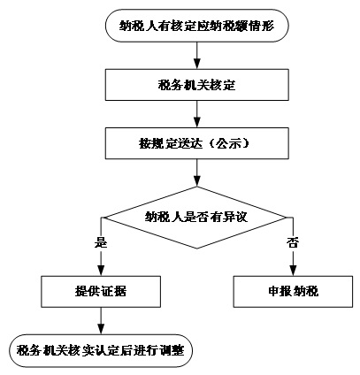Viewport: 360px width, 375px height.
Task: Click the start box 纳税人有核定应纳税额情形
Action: pyautogui.click(x=196, y=26)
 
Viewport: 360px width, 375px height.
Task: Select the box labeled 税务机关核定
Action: pyautogui.click(x=196, y=85)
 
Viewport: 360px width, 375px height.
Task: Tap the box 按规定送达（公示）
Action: pyautogui.click(x=196, y=143)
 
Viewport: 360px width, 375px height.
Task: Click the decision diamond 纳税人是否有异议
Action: pyautogui.click(x=196, y=218)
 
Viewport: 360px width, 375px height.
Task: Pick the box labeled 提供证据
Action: pyautogui.click(x=101, y=292)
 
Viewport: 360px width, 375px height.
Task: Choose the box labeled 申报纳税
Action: pyautogui.click(x=293, y=292)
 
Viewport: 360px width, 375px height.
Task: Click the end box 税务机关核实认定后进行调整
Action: pyautogui.click(x=101, y=351)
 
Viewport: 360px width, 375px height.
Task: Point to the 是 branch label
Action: pyautogui.click(x=101, y=243)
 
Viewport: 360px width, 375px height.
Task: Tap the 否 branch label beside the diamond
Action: pyautogui.click(x=293, y=243)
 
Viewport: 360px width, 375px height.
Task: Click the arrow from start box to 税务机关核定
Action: pyautogui.click(x=196, y=56)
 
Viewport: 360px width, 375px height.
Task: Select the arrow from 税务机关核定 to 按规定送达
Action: pyautogui.click(x=196, y=114)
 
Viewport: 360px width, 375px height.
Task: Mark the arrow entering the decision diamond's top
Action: pyautogui.click(x=196, y=172)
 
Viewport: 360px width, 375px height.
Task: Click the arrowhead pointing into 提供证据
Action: pyautogui.click(x=101, y=271)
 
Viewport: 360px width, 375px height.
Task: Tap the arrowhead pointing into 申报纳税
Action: pyautogui.click(x=293, y=271)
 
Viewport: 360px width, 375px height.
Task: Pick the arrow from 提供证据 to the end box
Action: pyautogui.click(x=101, y=321)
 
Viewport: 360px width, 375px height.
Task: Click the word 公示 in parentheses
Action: pyautogui.click(x=228, y=144)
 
